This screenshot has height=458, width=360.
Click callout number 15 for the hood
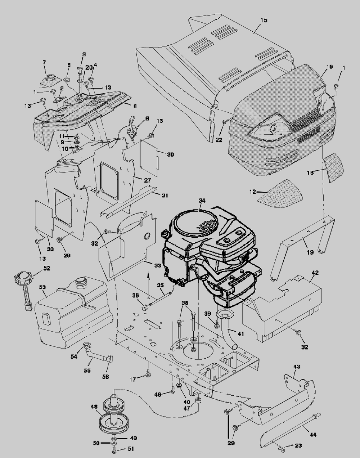[x=264, y=20]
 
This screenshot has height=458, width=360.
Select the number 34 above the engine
[x=202, y=201]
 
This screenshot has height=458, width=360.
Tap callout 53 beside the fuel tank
[x=42, y=287]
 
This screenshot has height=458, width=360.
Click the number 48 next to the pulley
[x=94, y=407]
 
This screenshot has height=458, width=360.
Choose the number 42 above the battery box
[x=315, y=273]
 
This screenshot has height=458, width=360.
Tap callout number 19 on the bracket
[x=310, y=252]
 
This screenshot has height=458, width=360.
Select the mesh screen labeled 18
[x=334, y=167]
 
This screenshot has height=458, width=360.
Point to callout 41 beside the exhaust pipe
[x=240, y=334]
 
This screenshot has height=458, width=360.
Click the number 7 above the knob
[x=44, y=62]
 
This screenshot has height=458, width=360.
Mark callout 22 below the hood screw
[x=219, y=140]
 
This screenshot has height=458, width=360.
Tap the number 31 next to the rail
[x=165, y=195]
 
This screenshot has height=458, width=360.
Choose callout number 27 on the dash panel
[x=147, y=180]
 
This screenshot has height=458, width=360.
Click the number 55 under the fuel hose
[x=87, y=371]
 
